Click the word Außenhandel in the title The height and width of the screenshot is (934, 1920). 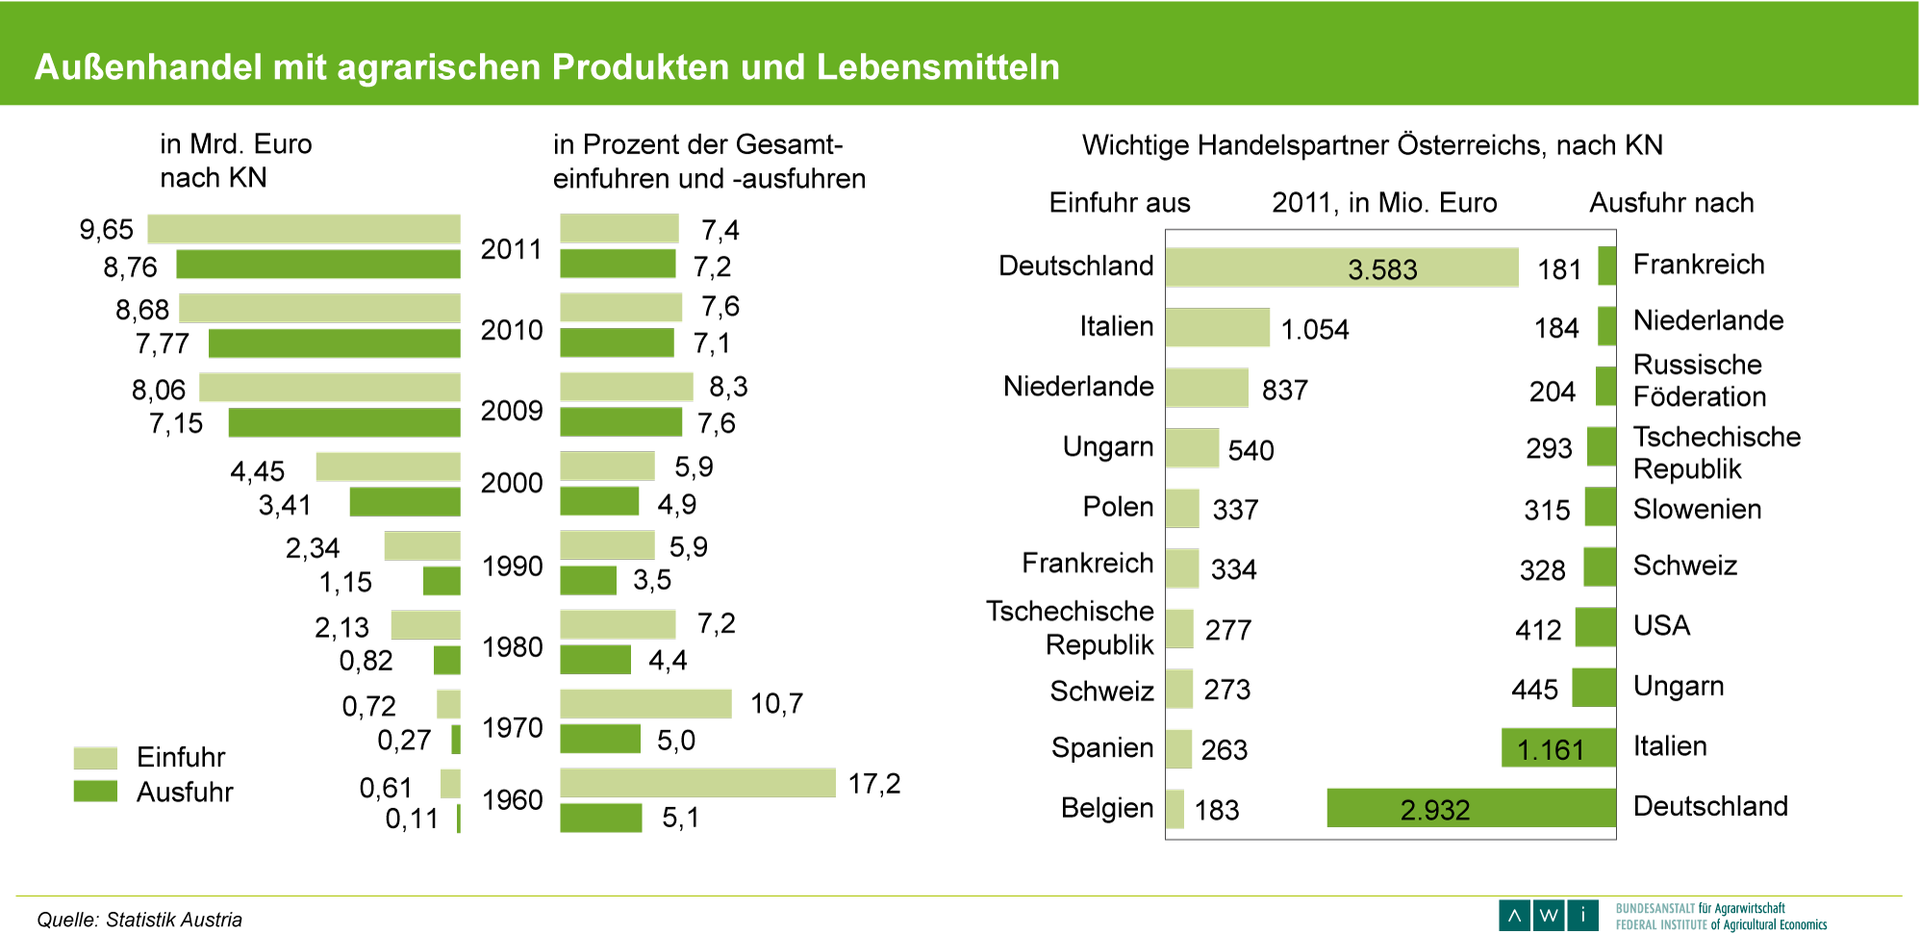click(148, 67)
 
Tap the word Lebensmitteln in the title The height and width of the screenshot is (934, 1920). click(938, 67)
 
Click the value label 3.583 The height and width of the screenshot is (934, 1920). click(1382, 269)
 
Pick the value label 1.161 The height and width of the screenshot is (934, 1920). click(1550, 749)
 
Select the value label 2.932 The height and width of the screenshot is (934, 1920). click(1434, 810)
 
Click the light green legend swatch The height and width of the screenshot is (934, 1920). click(95, 758)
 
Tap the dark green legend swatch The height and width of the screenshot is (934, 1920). click(95, 791)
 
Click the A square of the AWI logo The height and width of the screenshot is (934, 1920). click(1514, 915)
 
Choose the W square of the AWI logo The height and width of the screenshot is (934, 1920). click(1549, 915)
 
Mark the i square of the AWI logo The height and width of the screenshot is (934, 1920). click(1582, 915)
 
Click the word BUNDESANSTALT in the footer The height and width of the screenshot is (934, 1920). click(1655, 908)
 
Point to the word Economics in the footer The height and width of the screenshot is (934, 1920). click(1802, 925)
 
